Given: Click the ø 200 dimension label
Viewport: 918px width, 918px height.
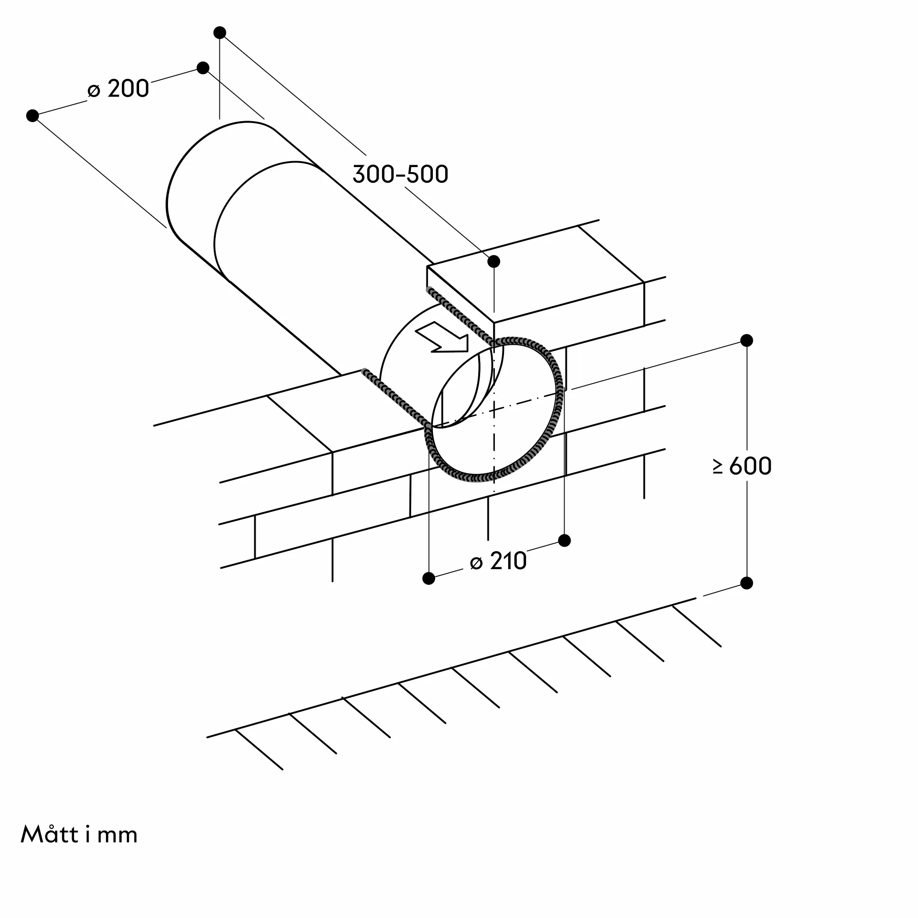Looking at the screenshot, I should (119, 89).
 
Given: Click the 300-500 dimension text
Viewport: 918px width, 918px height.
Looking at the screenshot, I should (400, 174).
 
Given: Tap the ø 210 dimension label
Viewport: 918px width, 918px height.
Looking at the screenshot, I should (498, 561).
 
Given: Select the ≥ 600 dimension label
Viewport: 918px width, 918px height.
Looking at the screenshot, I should (742, 466).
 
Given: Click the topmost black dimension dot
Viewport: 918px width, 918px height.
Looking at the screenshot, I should (219, 32).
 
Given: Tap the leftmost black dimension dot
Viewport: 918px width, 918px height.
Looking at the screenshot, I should (32, 116).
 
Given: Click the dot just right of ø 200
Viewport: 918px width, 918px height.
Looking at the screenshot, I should (203, 67).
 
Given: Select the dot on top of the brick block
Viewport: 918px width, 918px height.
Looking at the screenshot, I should (494, 261).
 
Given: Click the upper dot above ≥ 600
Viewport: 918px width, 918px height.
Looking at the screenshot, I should (746, 340).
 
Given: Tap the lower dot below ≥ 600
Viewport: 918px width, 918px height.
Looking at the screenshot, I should (746, 583).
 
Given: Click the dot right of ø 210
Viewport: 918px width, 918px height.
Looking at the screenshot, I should (565, 540).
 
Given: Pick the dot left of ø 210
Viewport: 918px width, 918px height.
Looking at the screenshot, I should (429, 578).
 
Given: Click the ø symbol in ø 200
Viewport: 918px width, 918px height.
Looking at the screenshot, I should (94, 90).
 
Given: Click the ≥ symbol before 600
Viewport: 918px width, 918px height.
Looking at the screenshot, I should (718, 467).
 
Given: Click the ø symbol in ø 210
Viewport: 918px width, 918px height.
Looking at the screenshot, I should (476, 563).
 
